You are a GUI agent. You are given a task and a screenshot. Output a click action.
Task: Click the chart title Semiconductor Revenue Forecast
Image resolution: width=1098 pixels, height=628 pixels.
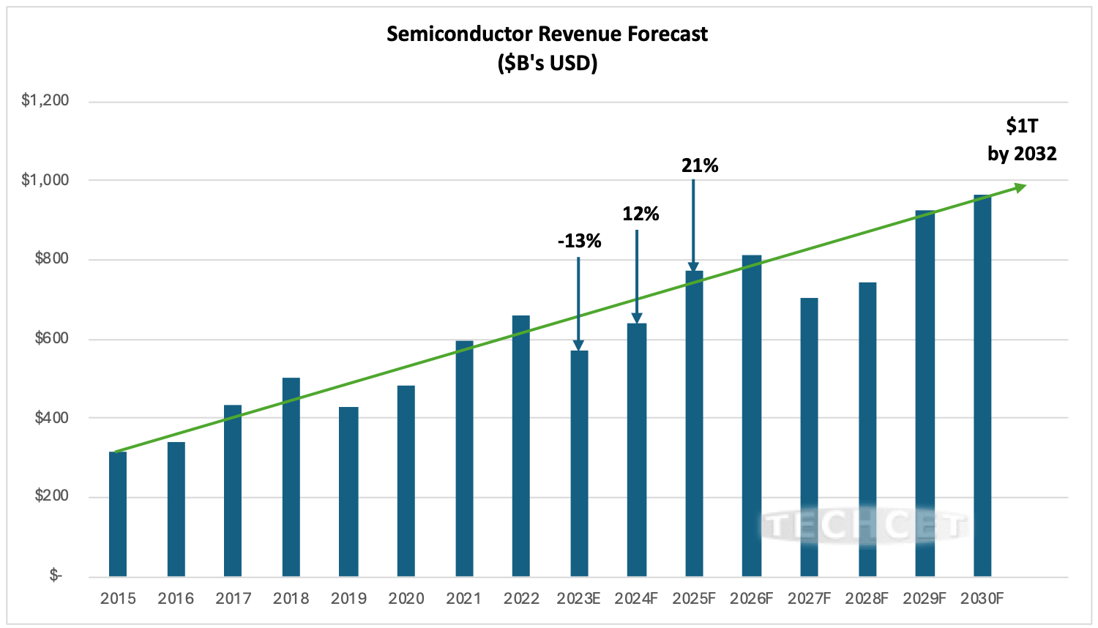tap(547, 34)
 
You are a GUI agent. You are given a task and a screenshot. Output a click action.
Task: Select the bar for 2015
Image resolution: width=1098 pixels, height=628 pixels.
tap(118, 514)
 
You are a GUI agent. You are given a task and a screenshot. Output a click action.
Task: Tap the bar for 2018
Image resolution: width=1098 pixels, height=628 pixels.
tap(291, 476)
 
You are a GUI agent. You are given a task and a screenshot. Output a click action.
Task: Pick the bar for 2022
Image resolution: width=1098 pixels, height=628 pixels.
tap(521, 446)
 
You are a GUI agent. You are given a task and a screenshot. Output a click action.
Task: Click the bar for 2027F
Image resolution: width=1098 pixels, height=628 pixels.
tap(809, 437)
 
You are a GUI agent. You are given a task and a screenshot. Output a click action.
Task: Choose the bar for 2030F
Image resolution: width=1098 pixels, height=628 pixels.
tap(982, 385)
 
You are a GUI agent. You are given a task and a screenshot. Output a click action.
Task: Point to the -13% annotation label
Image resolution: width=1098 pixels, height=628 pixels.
tap(579, 241)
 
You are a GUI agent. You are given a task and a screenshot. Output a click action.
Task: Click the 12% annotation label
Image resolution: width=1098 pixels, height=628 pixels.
tap(640, 214)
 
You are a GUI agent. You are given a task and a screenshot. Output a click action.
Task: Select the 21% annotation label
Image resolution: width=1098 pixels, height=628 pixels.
tap(700, 166)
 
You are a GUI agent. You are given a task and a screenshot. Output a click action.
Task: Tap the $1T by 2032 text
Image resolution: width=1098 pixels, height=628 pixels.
tap(1022, 140)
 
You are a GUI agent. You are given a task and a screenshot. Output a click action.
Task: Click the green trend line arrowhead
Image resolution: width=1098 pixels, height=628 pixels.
tap(1020, 187)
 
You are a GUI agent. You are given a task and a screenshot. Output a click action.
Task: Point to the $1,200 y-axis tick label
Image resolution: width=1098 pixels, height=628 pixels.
tap(45, 100)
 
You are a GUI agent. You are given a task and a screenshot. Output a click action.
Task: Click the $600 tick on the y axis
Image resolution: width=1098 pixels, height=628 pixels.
tap(52, 338)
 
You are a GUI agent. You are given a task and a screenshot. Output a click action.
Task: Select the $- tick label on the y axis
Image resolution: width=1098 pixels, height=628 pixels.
tap(56, 575)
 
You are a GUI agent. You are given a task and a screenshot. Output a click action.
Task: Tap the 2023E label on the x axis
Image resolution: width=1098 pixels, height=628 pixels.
tap(578, 599)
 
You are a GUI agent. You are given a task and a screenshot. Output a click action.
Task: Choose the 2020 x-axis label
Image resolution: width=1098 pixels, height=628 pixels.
tap(406, 599)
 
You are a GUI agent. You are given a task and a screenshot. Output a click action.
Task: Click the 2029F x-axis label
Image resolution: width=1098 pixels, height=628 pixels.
tap(925, 599)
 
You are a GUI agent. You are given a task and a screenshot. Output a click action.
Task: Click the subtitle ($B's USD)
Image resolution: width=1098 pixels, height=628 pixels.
tap(547, 64)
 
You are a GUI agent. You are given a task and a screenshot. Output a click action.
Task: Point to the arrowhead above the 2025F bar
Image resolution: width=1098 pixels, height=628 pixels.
tap(693, 267)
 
